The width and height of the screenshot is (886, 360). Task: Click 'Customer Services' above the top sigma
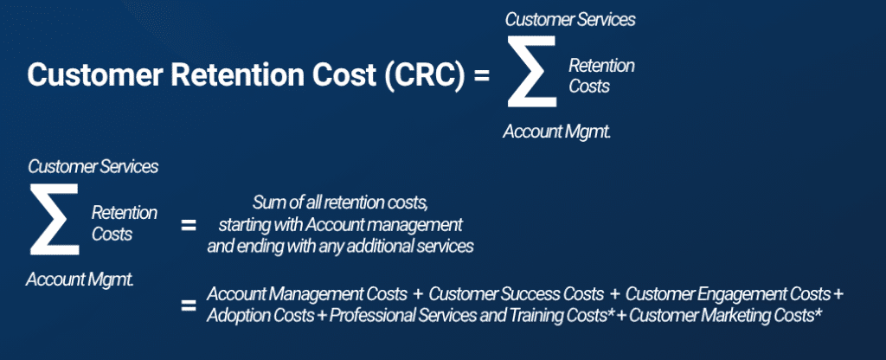(x=570, y=18)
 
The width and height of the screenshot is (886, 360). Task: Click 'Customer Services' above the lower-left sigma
(x=93, y=166)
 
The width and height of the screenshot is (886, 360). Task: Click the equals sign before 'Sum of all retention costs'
(x=188, y=225)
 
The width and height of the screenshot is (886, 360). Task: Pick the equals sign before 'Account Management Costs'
(x=188, y=305)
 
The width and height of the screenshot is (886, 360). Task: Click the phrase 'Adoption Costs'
(x=260, y=315)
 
